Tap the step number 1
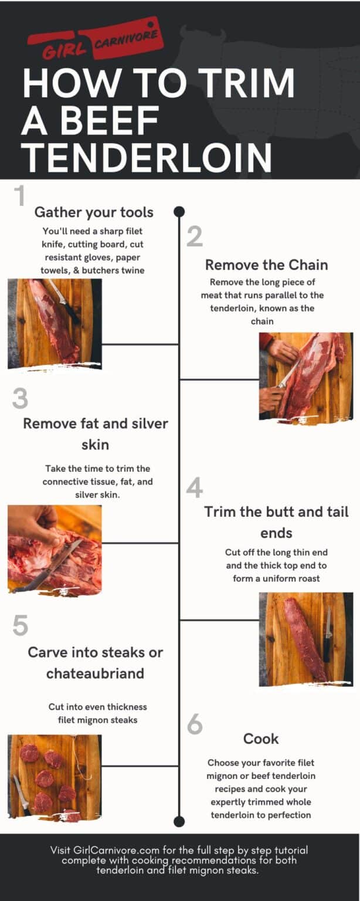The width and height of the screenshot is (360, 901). (x=19, y=197)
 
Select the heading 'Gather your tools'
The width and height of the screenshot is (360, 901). (x=94, y=212)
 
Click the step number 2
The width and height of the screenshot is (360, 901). (x=195, y=236)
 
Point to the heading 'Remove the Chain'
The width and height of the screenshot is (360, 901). (x=266, y=265)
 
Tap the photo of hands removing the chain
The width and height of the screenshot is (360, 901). (x=305, y=376)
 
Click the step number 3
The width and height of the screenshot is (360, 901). (x=20, y=399)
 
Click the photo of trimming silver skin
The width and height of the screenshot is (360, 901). (x=55, y=549)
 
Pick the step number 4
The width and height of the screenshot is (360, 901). (x=195, y=488)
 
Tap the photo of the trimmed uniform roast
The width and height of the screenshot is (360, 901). (x=305, y=639)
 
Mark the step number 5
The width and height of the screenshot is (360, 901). (x=20, y=626)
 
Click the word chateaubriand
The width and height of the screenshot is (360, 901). (x=95, y=673)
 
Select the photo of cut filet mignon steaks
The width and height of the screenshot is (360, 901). (x=55, y=777)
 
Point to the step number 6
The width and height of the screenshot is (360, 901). (x=195, y=725)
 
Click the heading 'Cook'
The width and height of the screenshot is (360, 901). (x=261, y=739)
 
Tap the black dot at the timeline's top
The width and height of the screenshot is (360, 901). (x=179, y=211)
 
